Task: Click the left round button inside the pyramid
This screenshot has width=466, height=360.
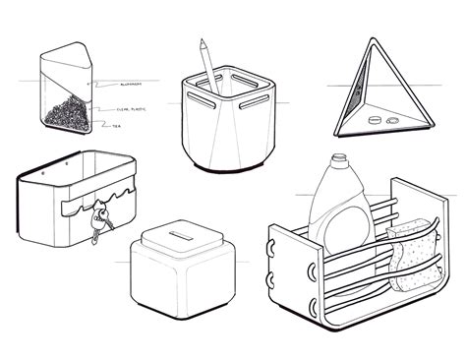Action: pos(375,121)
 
